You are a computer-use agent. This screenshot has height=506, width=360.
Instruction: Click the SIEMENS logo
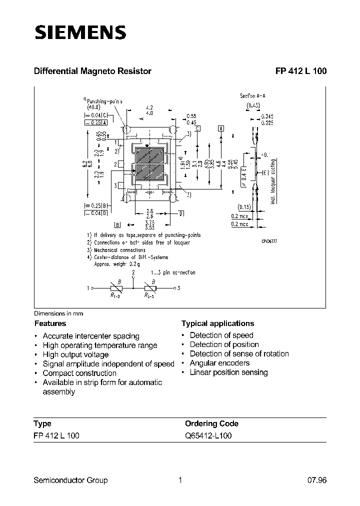(x=79, y=33)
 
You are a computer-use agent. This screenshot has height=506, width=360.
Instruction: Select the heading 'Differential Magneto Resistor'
(x=92, y=71)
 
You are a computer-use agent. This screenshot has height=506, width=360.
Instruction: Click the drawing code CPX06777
(x=269, y=241)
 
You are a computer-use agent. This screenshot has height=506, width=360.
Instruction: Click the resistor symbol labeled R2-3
(x=150, y=288)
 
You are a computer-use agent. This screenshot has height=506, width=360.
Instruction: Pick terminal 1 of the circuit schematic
(x=89, y=288)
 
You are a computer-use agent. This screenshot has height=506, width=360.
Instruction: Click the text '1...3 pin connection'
(x=173, y=272)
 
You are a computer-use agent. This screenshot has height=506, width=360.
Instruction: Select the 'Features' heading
(x=50, y=323)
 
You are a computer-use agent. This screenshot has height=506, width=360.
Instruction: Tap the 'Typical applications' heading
(x=217, y=323)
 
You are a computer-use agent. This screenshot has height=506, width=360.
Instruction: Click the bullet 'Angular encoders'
(x=219, y=363)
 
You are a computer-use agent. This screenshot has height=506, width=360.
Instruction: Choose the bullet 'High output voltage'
(x=75, y=354)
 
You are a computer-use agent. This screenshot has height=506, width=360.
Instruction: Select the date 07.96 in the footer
(x=316, y=480)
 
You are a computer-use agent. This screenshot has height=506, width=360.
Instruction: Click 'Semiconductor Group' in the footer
(x=70, y=480)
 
